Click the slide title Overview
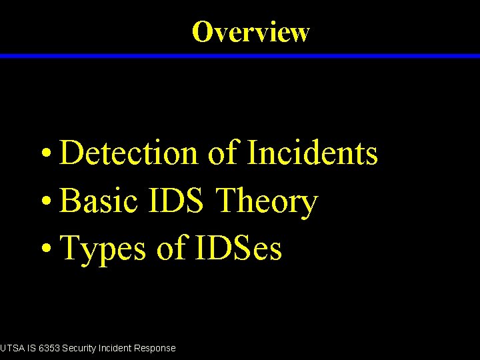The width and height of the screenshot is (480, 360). pos(251,31)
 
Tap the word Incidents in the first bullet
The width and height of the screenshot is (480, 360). pos(313,153)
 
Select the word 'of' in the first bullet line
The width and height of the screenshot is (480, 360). pos(223,153)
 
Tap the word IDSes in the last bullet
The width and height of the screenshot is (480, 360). pos(239,249)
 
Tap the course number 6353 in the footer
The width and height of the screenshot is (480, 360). pos(49,348)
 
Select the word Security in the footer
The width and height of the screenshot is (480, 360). pos(80,348)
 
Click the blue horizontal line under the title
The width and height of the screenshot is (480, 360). pos(240,57)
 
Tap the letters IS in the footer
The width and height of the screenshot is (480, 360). pos(31,348)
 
